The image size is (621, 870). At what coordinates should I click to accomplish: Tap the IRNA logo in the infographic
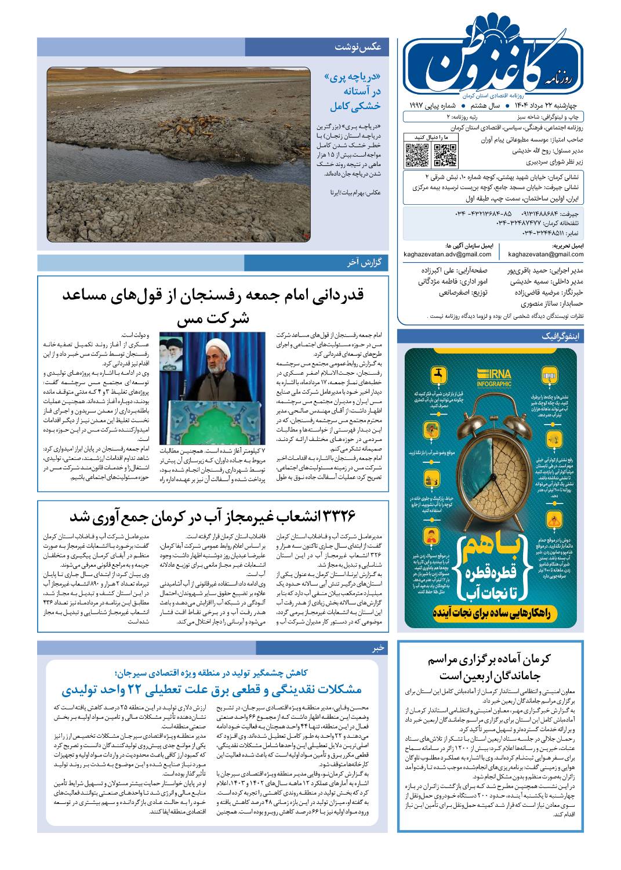[x=494, y=376]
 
